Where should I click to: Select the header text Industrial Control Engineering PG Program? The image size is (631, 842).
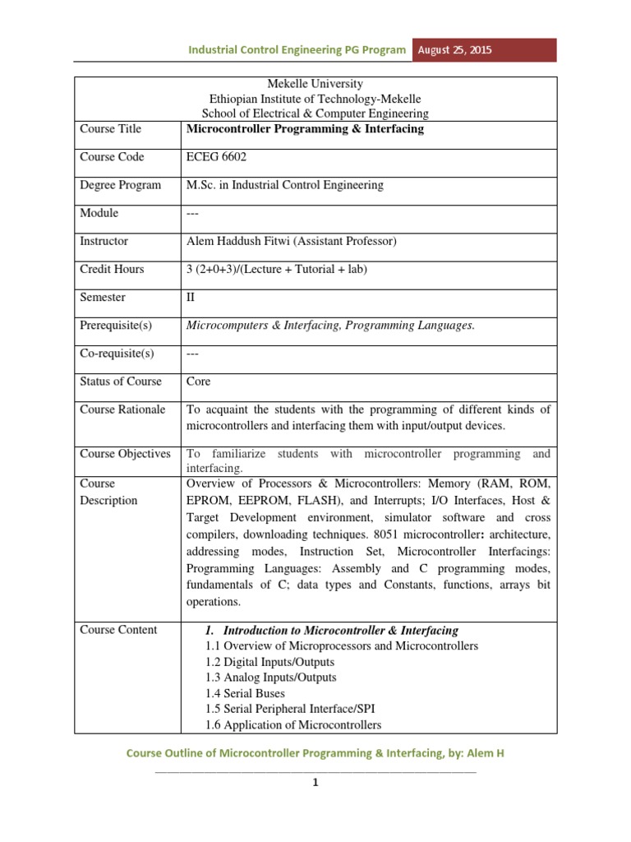[297, 49]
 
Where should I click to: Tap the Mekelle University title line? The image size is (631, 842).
[315, 85]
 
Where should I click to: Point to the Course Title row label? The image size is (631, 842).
[110, 129]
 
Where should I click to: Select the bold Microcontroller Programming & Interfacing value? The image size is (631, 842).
[305, 129]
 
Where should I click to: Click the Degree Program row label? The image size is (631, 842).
[120, 185]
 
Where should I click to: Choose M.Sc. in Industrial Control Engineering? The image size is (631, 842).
[285, 185]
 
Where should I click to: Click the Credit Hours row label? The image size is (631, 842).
[112, 269]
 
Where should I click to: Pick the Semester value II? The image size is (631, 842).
[192, 297]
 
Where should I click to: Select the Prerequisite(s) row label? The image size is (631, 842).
[116, 325]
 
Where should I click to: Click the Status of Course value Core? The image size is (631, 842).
[199, 382]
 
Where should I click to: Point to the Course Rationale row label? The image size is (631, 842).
[122, 409]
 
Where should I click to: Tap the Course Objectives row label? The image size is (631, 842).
[125, 454]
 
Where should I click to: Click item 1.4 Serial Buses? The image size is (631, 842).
[244, 693]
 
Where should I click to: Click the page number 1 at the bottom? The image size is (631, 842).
[315, 782]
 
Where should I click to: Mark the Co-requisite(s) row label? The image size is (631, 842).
[117, 354]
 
